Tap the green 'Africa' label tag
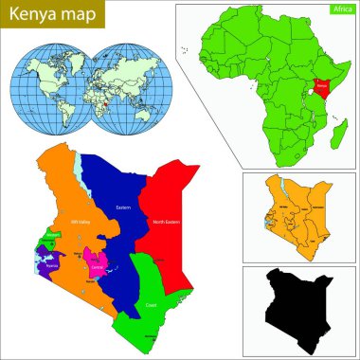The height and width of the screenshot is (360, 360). (335, 9)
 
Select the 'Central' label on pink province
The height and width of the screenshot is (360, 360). (95, 256)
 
